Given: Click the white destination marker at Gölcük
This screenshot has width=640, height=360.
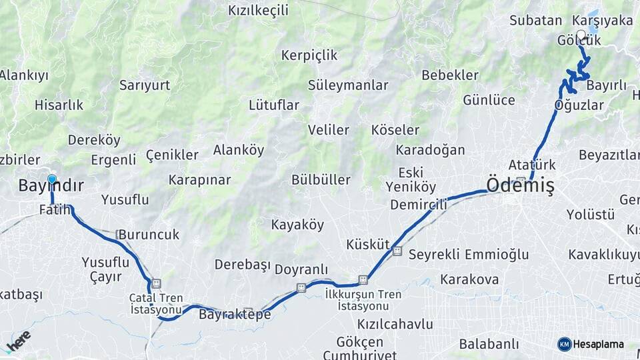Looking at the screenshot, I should tap(581, 35).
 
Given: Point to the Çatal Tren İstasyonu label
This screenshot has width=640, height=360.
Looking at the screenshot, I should tap(156, 304).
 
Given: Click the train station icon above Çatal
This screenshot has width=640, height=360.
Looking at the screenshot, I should tap(156, 283).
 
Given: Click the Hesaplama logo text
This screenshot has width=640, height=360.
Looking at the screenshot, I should tap(599, 344).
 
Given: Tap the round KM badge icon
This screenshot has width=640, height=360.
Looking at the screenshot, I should tap(565, 344).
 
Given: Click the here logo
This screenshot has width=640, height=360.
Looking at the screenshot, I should tap(18, 341).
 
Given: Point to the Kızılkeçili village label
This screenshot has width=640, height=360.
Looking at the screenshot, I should tap(258, 10).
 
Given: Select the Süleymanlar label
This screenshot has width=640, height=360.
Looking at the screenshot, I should tap(347, 85).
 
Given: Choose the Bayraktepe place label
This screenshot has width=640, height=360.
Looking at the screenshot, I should tap(235, 314).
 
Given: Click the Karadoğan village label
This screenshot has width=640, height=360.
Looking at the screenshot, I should tap(430, 149).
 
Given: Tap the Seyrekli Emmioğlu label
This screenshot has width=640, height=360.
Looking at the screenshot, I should tap(468, 254).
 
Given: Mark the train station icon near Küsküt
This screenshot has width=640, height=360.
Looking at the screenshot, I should tap(397, 251).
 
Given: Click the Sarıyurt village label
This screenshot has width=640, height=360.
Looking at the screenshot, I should tap(145, 85).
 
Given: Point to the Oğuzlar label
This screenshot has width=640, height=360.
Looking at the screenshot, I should tap(579, 105).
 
